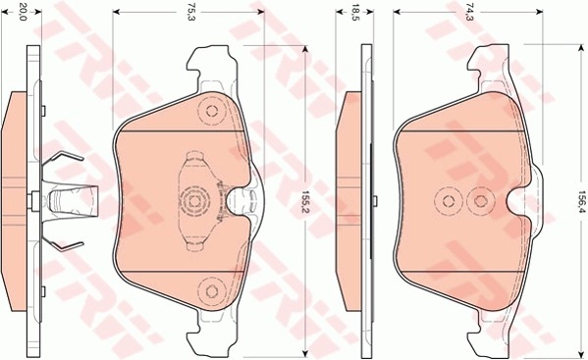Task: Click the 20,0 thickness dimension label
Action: pyautogui.click(x=23, y=12)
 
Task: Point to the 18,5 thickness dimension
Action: pyautogui.click(x=353, y=12)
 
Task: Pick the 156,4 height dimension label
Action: pyautogui.click(x=581, y=201)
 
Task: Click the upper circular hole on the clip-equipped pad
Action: pyautogui.click(x=212, y=111)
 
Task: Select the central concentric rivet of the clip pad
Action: pyautogui.click(x=193, y=201)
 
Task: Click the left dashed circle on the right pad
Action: pyautogui.click(x=449, y=201)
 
